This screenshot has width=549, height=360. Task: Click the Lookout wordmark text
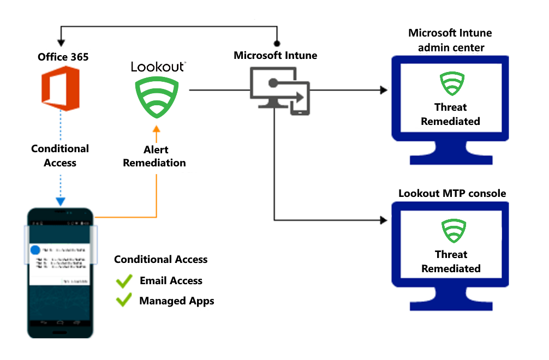click(157, 67)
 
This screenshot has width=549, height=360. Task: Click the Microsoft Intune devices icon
click(279, 91)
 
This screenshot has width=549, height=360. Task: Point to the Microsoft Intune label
click(275, 55)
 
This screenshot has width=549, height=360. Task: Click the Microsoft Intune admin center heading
click(450, 40)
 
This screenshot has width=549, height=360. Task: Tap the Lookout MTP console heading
click(452, 193)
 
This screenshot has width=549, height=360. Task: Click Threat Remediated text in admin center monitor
click(450, 114)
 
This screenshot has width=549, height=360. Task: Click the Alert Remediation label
click(154, 156)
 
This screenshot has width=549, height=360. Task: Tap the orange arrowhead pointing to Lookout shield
click(157, 129)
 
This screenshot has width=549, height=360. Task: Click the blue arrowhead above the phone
click(61, 201)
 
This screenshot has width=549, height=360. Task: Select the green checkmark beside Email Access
click(124, 281)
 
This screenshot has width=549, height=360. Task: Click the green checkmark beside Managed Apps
click(124, 301)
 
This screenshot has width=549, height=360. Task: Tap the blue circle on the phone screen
click(35, 249)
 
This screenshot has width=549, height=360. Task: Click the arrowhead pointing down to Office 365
click(61, 42)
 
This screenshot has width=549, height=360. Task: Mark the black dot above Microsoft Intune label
click(277, 43)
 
